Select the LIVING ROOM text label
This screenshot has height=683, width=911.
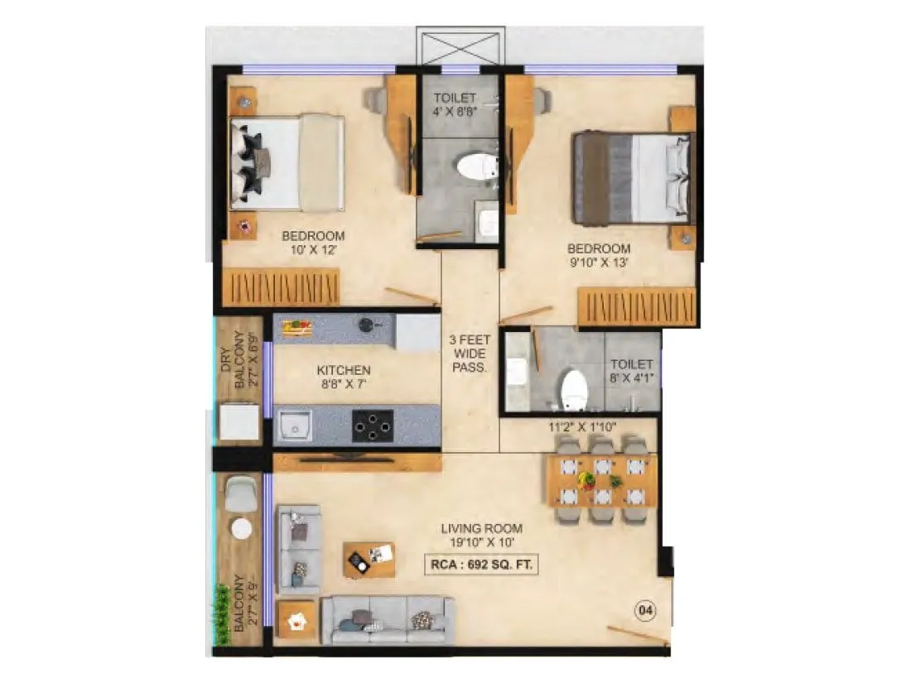[x=481, y=528]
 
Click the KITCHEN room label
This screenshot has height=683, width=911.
[x=343, y=370]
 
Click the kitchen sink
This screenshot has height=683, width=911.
[x=295, y=426]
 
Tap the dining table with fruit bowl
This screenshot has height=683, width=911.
[x=602, y=480]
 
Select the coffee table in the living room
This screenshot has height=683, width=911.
[x=369, y=560]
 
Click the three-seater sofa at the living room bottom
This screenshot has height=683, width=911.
[x=388, y=618]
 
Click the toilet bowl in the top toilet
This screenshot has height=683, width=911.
[x=474, y=166]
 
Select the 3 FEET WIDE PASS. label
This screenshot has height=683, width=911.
[x=468, y=354]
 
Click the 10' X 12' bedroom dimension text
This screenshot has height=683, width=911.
[x=312, y=249]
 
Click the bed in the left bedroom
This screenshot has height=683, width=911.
[x=286, y=161]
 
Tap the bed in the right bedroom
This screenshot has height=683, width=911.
[x=632, y=178]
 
